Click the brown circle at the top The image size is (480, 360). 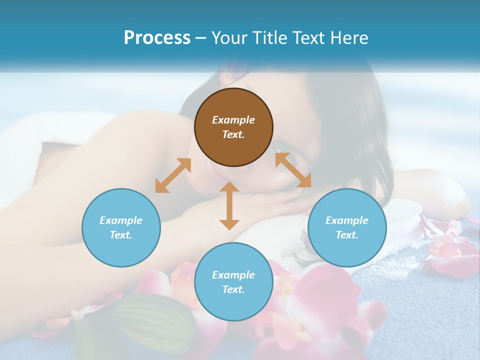[x=233, y=127]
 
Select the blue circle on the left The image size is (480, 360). [x=121, y=227]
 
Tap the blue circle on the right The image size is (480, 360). [x=347, y=227]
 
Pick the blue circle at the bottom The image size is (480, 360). [x=233, y=282]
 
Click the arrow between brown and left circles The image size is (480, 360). [x=173, y=175]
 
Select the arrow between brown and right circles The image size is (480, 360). [x=293, y=170]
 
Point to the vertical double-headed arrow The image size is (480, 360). [x=229, y=205]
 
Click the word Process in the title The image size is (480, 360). [x=157, y=38]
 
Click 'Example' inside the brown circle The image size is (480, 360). [x=233, y=120]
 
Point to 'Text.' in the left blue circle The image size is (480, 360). [x=121, y=235]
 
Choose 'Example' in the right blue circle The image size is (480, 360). [x=347, y=220]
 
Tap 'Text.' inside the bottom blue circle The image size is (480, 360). [x=233, y=289]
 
